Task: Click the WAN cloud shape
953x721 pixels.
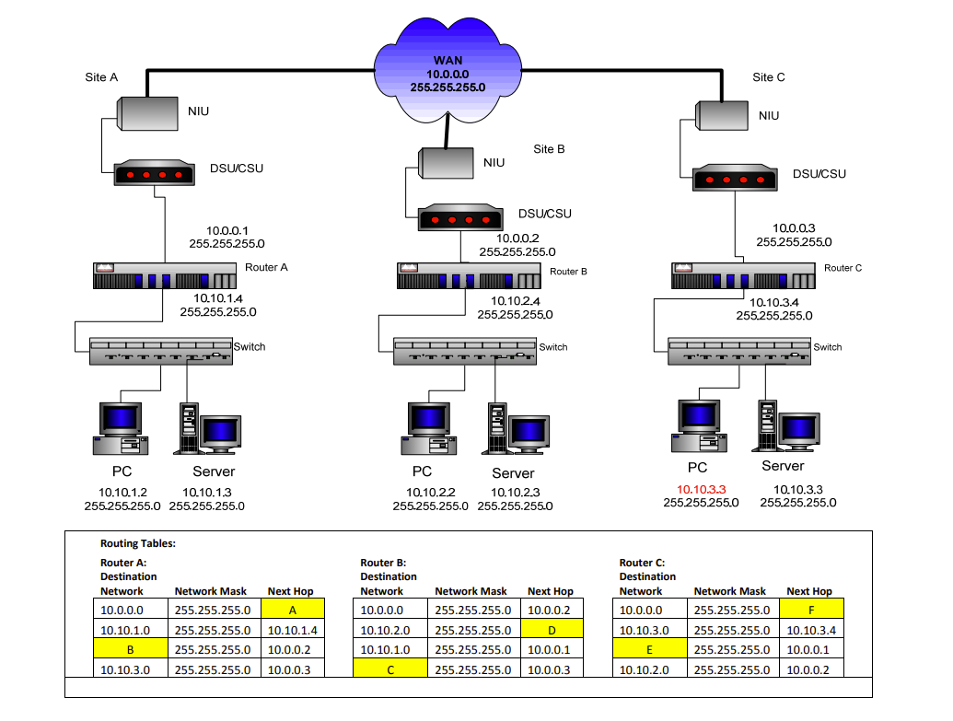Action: pos(447,72)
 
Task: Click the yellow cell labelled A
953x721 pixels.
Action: pos(292,609)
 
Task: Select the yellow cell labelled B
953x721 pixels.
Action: pos(130,649)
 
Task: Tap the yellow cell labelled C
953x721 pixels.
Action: pos(389,669)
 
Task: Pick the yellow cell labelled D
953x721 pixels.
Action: pos(551,629)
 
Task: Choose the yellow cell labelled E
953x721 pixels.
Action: pos(649,649)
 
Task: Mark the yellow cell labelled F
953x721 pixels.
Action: pos(810,609)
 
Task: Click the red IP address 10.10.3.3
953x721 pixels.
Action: pos(702,490)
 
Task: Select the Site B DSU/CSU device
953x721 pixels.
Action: pos(460,219)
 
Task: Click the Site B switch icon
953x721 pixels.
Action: pos(465,351)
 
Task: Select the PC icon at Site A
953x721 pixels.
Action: pos(121,428)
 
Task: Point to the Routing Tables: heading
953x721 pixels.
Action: pos(137,543)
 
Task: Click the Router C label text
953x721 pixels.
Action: pos(843,268)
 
